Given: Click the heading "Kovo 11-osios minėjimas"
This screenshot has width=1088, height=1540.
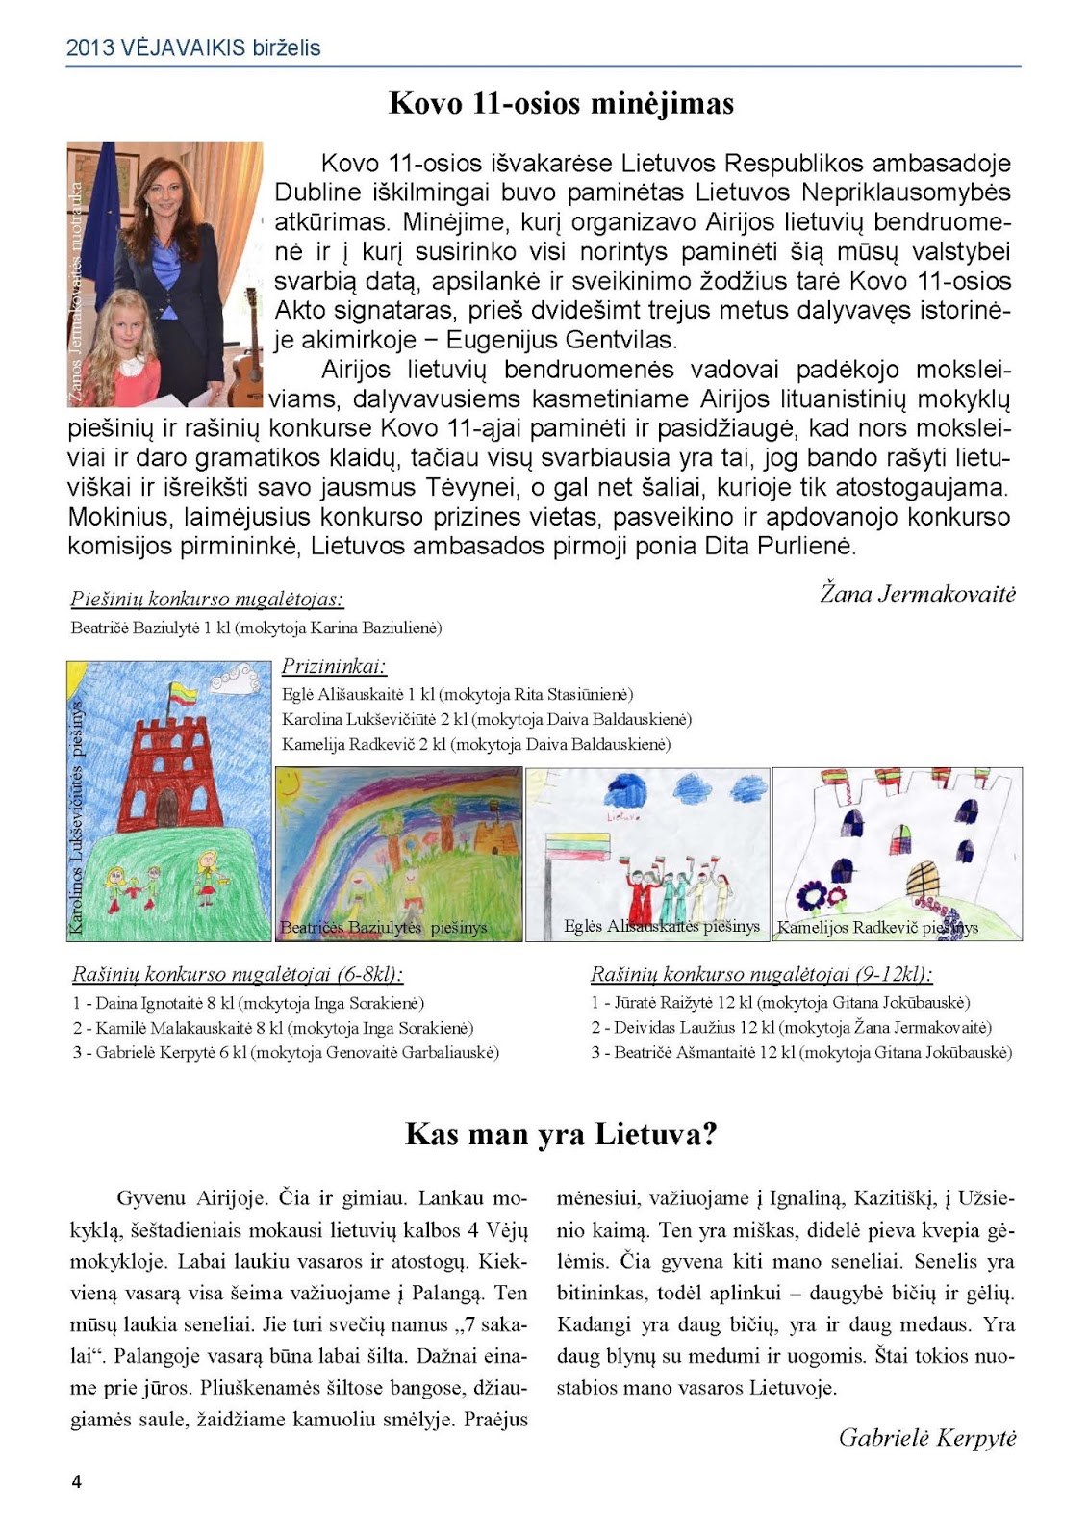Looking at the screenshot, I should point(561,104).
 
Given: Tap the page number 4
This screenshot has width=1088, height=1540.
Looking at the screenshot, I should point(77,1481).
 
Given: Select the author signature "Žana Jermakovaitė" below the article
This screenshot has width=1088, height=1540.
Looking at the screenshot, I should point(918,594).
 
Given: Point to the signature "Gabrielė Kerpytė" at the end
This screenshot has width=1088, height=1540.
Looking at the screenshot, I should point(927,1438).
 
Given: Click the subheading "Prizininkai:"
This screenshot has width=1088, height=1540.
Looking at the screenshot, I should point(334,666).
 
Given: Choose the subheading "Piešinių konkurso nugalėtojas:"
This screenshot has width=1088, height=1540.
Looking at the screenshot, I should point(207,600).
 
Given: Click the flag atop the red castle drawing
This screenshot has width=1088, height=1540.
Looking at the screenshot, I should point(183,692).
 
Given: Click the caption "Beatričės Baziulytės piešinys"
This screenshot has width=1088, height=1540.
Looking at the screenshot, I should point(383,928).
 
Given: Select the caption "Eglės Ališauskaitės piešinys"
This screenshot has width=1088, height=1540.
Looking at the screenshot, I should point(662,926).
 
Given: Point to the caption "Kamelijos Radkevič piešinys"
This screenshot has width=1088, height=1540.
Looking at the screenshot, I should point(877,928).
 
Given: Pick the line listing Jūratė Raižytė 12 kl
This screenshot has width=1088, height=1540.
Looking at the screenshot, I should point(780,1003).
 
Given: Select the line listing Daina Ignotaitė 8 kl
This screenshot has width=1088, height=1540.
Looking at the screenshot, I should point(248,1003).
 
